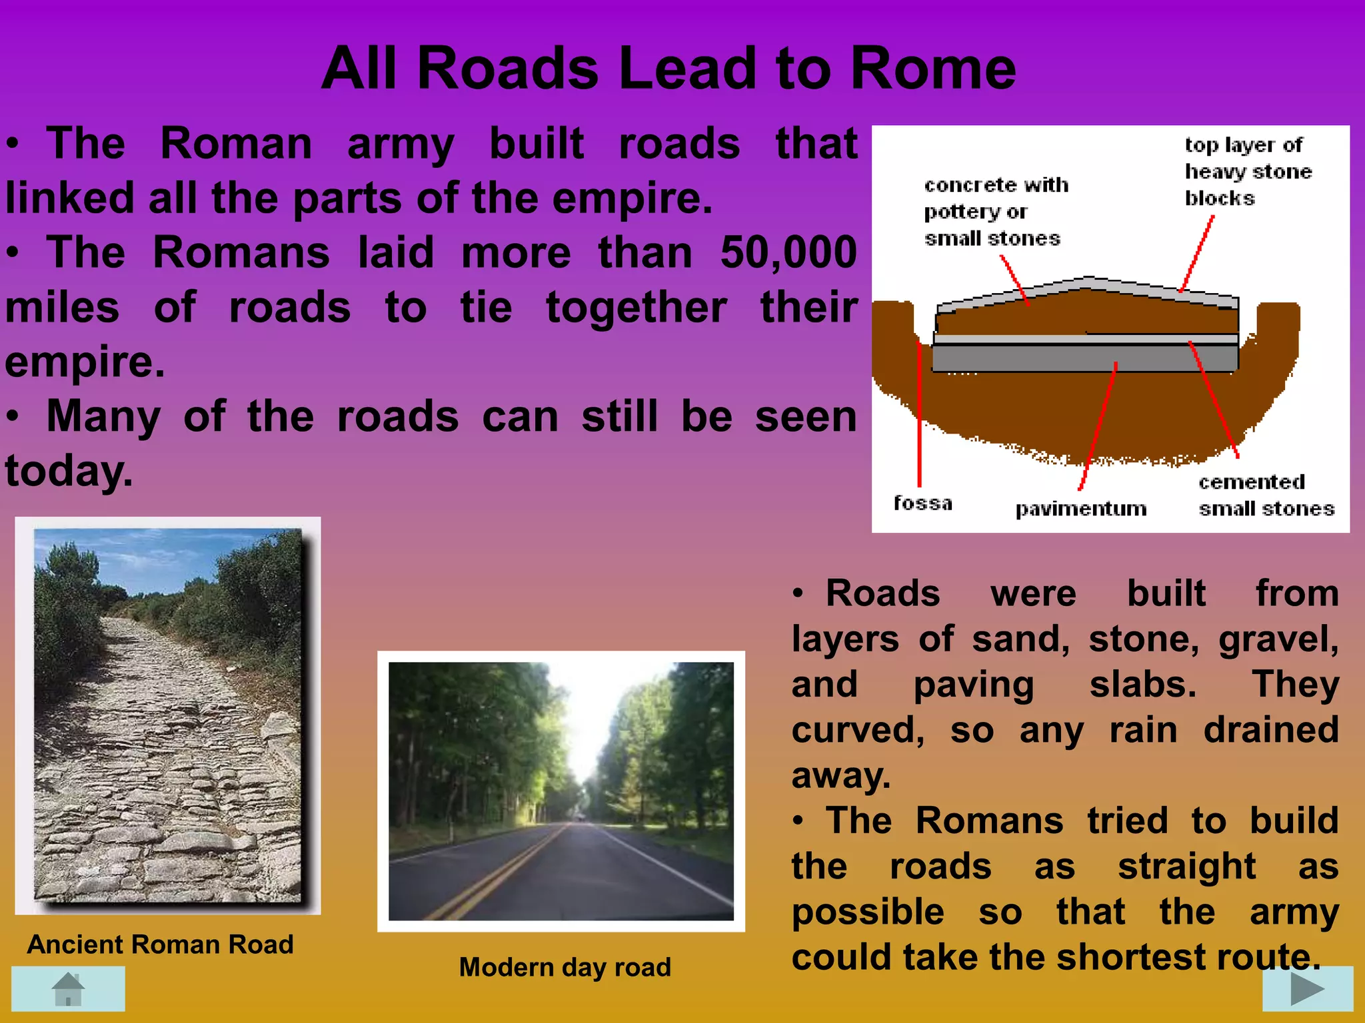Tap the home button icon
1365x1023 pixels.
69,989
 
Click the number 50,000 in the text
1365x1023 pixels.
788,253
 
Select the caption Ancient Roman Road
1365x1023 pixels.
160,944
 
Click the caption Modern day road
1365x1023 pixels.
565,967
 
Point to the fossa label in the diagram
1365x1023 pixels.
922,503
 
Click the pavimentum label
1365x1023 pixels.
1080,509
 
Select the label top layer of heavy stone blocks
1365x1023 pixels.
1246,171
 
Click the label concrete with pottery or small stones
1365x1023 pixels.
995,211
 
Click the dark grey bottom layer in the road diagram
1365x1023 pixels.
1080,358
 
